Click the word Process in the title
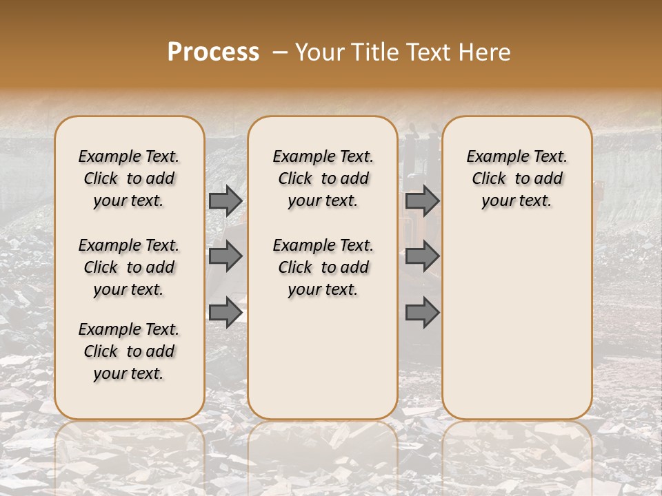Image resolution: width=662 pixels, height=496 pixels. click(x=213, y=52)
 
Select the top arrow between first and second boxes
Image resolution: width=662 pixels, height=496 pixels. click(x=225, y=200)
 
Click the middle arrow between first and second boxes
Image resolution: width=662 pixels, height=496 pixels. click(x=225, y=256)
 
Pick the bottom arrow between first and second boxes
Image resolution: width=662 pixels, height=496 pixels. click(x=225, y=312)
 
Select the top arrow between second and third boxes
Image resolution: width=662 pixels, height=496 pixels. click(x=422, y=200)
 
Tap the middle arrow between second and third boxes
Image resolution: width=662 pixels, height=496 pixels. click(x=422, y=256)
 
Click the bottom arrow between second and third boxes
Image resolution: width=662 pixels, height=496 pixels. click(x=422, y=312)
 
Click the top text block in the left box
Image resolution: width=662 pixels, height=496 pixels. click(x=129, y=178)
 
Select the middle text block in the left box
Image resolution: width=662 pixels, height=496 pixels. click(x=129, y=267)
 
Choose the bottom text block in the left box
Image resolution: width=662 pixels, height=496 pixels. click(x=129, y=351)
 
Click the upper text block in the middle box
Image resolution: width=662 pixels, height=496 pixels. click(x=323, y=178)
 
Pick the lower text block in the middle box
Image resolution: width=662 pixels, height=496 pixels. click(x=323, y=267)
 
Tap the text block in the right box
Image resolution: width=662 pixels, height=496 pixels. click(x=517, y=178)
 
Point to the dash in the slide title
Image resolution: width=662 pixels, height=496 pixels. click(x=279, y=52)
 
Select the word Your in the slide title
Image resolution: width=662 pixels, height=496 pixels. click(x=320, y=52)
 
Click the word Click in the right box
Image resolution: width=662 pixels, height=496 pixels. click(x=489, y=179)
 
